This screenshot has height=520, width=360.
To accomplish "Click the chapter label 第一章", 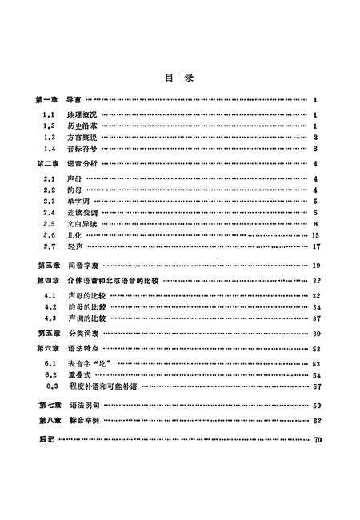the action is (x=49, y=99).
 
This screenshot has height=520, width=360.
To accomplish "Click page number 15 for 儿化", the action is (x=316, y=236).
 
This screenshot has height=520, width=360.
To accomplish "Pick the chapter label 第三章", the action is (x=49, y=265).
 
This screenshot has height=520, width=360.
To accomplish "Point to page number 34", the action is (x=316, y=307).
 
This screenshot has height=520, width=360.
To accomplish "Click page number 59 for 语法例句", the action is (x=316, y=406).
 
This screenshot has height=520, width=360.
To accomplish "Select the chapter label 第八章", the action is (x=49, y=420).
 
